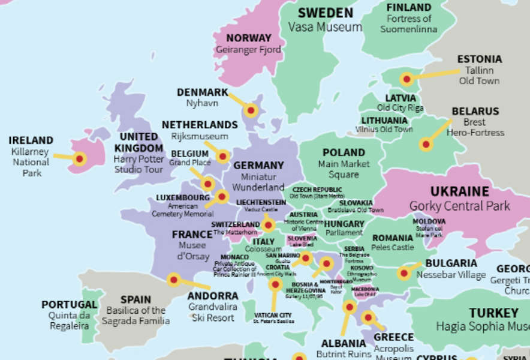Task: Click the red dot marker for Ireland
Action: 79,159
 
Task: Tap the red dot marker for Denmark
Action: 251,110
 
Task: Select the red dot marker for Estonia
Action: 407,79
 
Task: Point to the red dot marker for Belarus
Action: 426,144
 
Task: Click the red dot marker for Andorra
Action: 173,280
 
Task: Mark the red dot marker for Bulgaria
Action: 404,274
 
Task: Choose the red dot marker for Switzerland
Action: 268,226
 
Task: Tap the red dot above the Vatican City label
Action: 275,284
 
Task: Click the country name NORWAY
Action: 249,38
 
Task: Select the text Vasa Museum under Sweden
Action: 325,27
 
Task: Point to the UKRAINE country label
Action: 459,191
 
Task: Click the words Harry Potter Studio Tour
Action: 138,164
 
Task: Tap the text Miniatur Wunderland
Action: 258,182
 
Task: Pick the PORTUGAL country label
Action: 69,305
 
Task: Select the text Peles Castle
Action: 393,247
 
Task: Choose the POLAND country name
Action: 344,152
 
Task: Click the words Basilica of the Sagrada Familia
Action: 135,316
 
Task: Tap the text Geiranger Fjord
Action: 249,50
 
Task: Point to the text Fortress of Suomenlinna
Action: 409,23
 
